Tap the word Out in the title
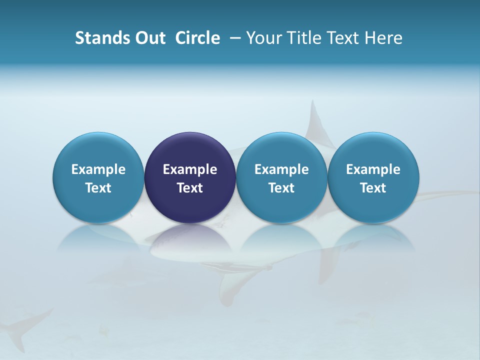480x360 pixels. [148, 38]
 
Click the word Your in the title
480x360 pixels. [263, 38]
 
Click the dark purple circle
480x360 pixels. [190, 177]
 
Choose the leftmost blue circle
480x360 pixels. [98, 177]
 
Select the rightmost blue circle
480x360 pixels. [373, 177]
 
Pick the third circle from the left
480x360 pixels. [281, 177]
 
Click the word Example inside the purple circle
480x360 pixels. [190, 169]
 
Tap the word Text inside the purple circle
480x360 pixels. [190, 188]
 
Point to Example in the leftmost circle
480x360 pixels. [98, 169]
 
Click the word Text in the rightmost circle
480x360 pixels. [373, 188]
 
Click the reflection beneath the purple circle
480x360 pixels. [190, 237]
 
